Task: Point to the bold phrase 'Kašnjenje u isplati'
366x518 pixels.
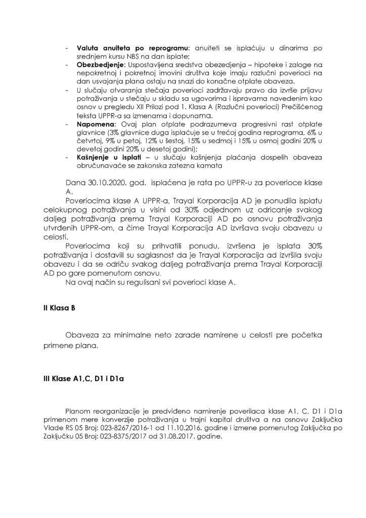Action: [x=109, y=158]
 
